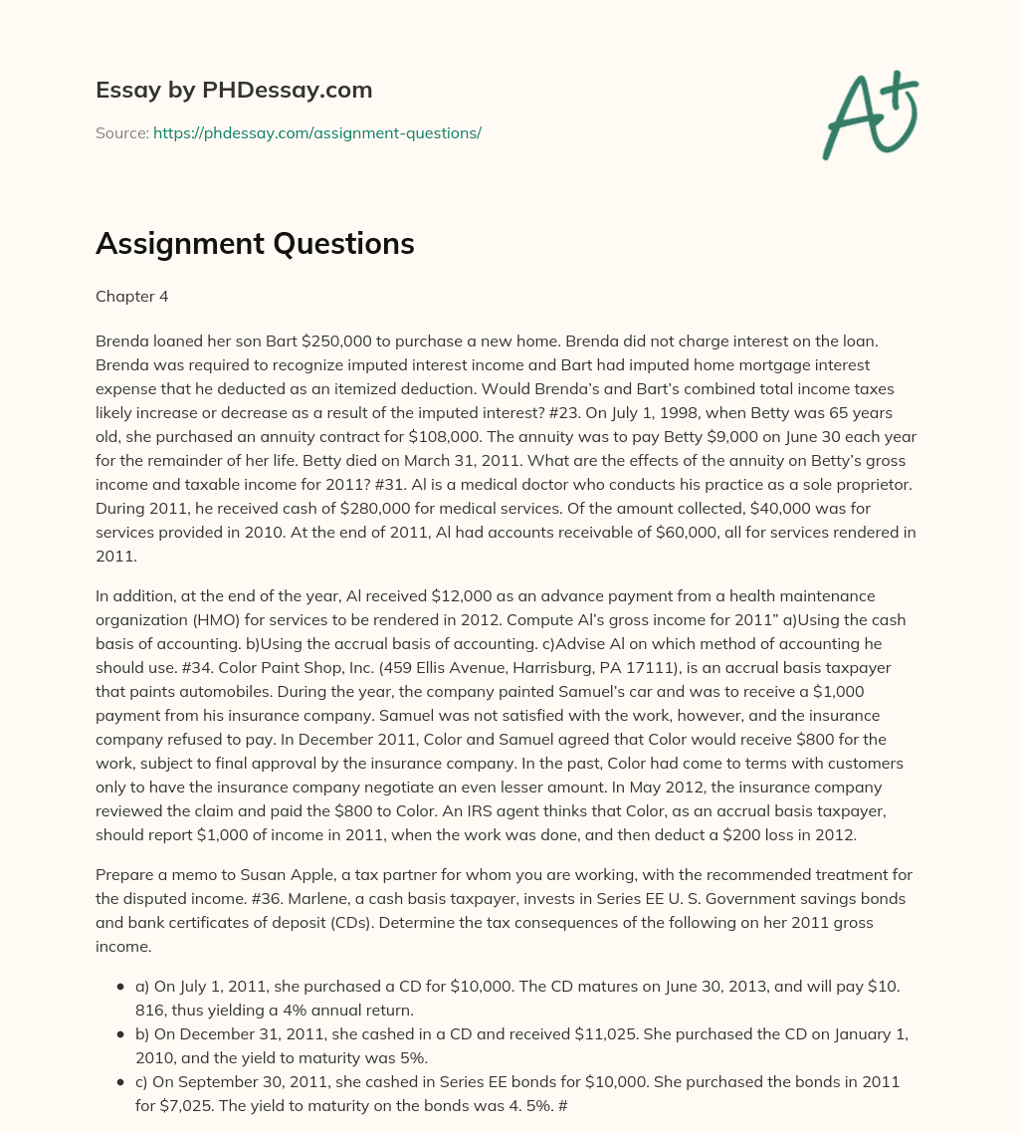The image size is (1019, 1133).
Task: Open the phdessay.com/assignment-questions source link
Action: (x=316, y=132)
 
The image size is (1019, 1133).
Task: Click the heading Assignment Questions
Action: (x=255, y=244)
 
